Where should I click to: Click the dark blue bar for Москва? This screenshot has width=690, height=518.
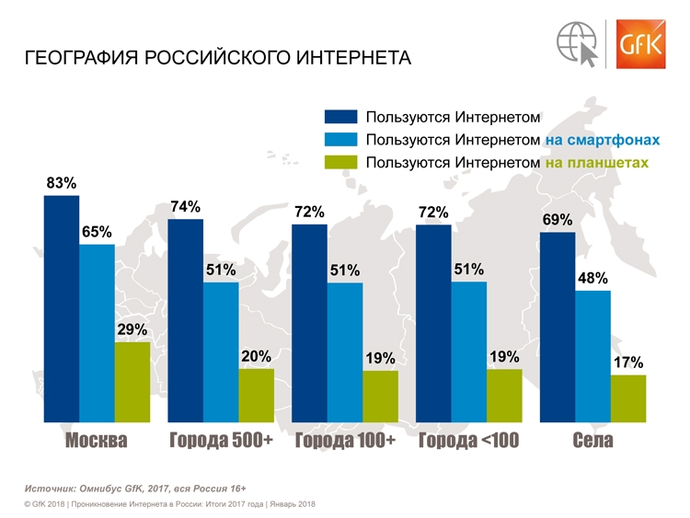pyautogui.click(x=61, y=308)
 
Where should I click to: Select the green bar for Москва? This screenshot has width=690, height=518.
pyautogui.click(x=132, y=382)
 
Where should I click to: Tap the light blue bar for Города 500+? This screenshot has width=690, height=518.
pyautogui.click(x=221, y=351)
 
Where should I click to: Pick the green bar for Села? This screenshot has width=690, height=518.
pyautogui.click(x=628, y=398)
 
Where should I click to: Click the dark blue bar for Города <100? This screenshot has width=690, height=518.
pyautogui.click(x=433, y=323)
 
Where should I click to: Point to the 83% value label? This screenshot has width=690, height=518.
pyautogui.click(x=61, y=183)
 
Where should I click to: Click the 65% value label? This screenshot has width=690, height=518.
pyautogui.click(x=97, y=232)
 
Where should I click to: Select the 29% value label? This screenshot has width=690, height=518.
pyautogui.click(x=132, y=329)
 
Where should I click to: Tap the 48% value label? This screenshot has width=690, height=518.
pyautogui.click(x=592, y=278)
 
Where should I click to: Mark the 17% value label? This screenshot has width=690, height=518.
pyautogui.click(x=628, y=363)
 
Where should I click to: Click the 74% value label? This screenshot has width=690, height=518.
pyautogui.click(x=185, y=207)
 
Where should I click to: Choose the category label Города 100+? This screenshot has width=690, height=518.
pyautogui.click(x=345, y=441)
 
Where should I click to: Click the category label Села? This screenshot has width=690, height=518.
pyautogui.click(x=592, y=441)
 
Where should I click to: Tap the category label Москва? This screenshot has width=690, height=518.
pyautogui.click(x=96, y=441)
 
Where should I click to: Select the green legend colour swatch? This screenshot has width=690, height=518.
pyautogui.click(x=339, y=163)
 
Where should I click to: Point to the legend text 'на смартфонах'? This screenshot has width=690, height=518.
pyautogui.click(x=602, y=140)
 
